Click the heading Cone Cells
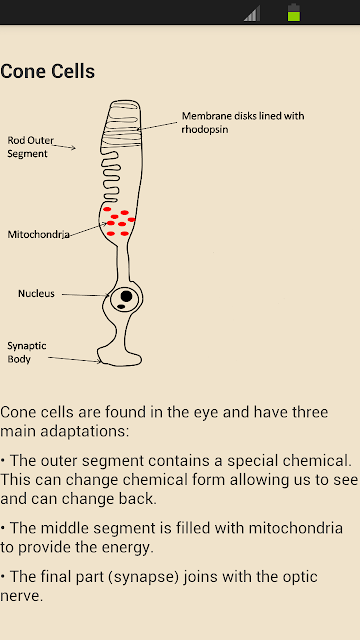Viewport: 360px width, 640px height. coord(47,71)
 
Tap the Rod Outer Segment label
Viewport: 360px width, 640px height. coord(30,147)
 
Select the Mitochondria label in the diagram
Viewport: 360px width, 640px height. coord(38,234)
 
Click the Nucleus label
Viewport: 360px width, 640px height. coord(36,293)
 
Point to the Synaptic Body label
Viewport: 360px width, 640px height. coord(27,352)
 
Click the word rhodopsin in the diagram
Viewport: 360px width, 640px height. coord(204,130)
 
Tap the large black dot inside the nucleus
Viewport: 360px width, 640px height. coord(127,296)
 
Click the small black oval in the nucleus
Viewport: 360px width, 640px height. coord(121,307)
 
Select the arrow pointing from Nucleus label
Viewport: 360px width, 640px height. coord(85,295)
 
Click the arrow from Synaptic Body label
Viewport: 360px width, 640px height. coord(74,359)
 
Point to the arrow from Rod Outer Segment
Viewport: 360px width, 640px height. coord(64,146)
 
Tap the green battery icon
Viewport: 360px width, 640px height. coord(294,12)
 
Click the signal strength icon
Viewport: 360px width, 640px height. coord(252,13)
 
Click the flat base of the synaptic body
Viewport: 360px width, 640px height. coord(118,364)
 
